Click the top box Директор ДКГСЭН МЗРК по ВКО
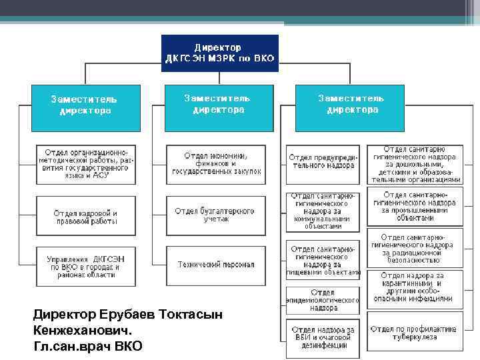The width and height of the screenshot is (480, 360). pyautogui.click(x=219, y=53)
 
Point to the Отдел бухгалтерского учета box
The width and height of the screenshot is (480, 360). pyautogui.click(x=215, y=215)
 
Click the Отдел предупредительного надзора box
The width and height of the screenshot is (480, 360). pyautogui.click(x=324, y=161)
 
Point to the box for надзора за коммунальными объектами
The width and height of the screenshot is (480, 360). pyautogui.click(x=324, y=210)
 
